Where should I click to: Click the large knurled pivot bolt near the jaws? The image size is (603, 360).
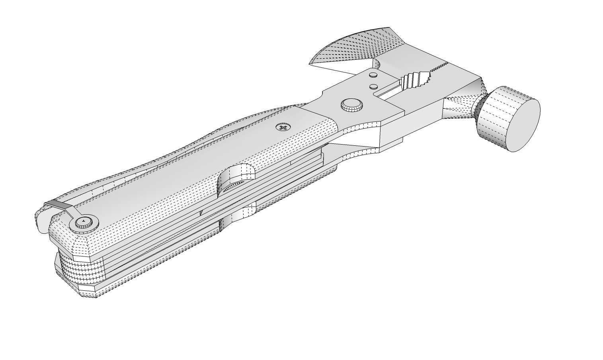(352, 105)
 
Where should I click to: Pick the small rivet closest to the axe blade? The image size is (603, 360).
(373, 74)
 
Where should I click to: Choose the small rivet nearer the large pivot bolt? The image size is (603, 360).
(373, 86)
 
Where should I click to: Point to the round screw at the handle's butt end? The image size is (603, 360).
(84, 222)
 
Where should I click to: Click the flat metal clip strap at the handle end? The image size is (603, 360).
(60, 205)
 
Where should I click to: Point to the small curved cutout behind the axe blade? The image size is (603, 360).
(378, 64)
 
